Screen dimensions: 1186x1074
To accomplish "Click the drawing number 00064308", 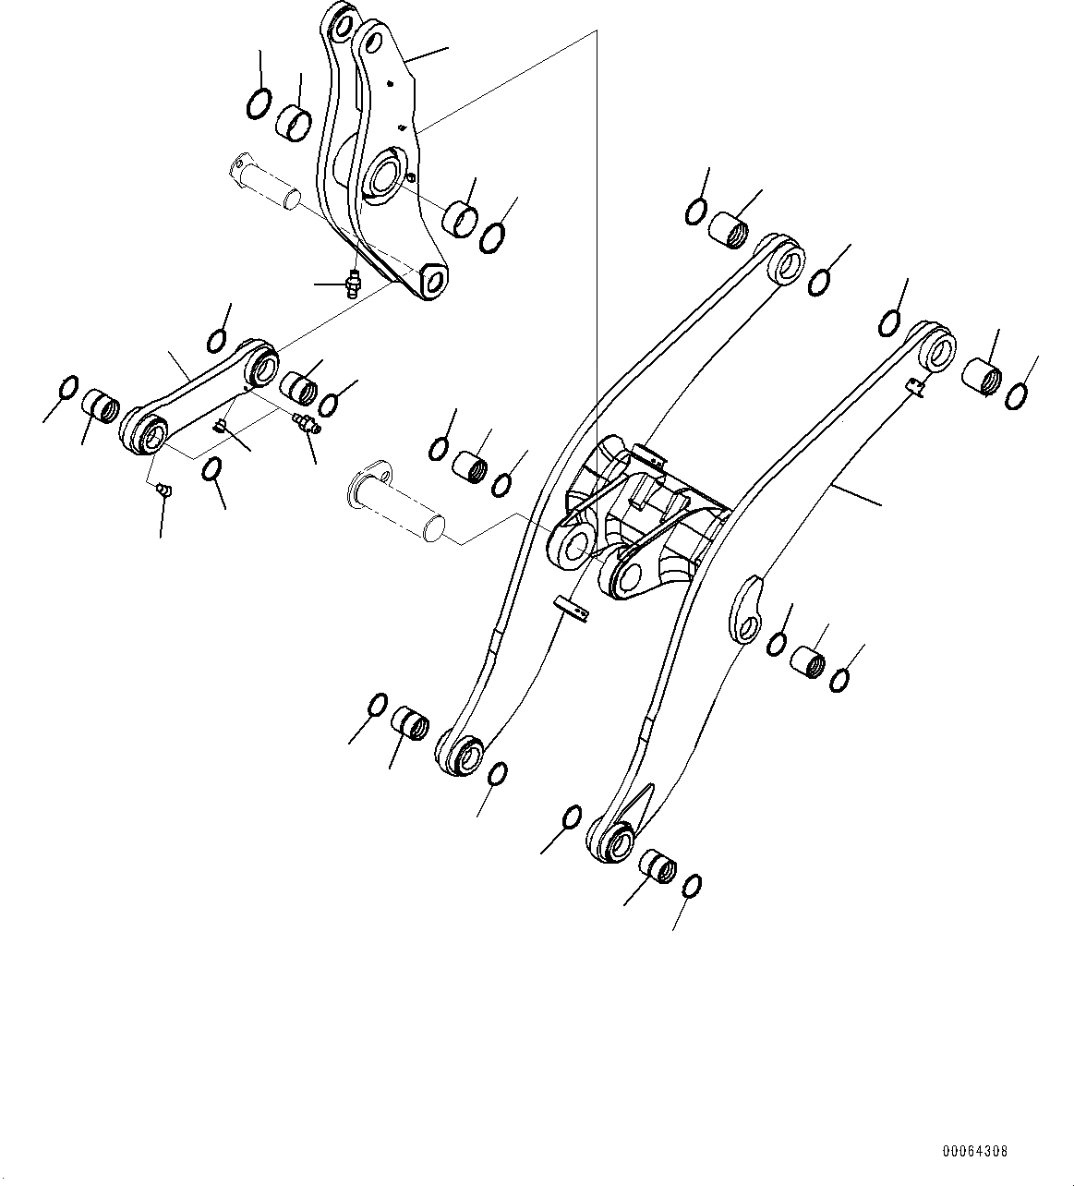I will click(x=974, y=1152).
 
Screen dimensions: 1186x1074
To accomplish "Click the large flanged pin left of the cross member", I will click(x=394, y=502).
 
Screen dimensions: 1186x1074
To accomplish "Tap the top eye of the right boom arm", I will click(x=939, y=349).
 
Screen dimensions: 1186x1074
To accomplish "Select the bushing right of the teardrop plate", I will click(x=808, y=660).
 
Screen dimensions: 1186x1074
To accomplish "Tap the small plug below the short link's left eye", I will click(x=163, y=489).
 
